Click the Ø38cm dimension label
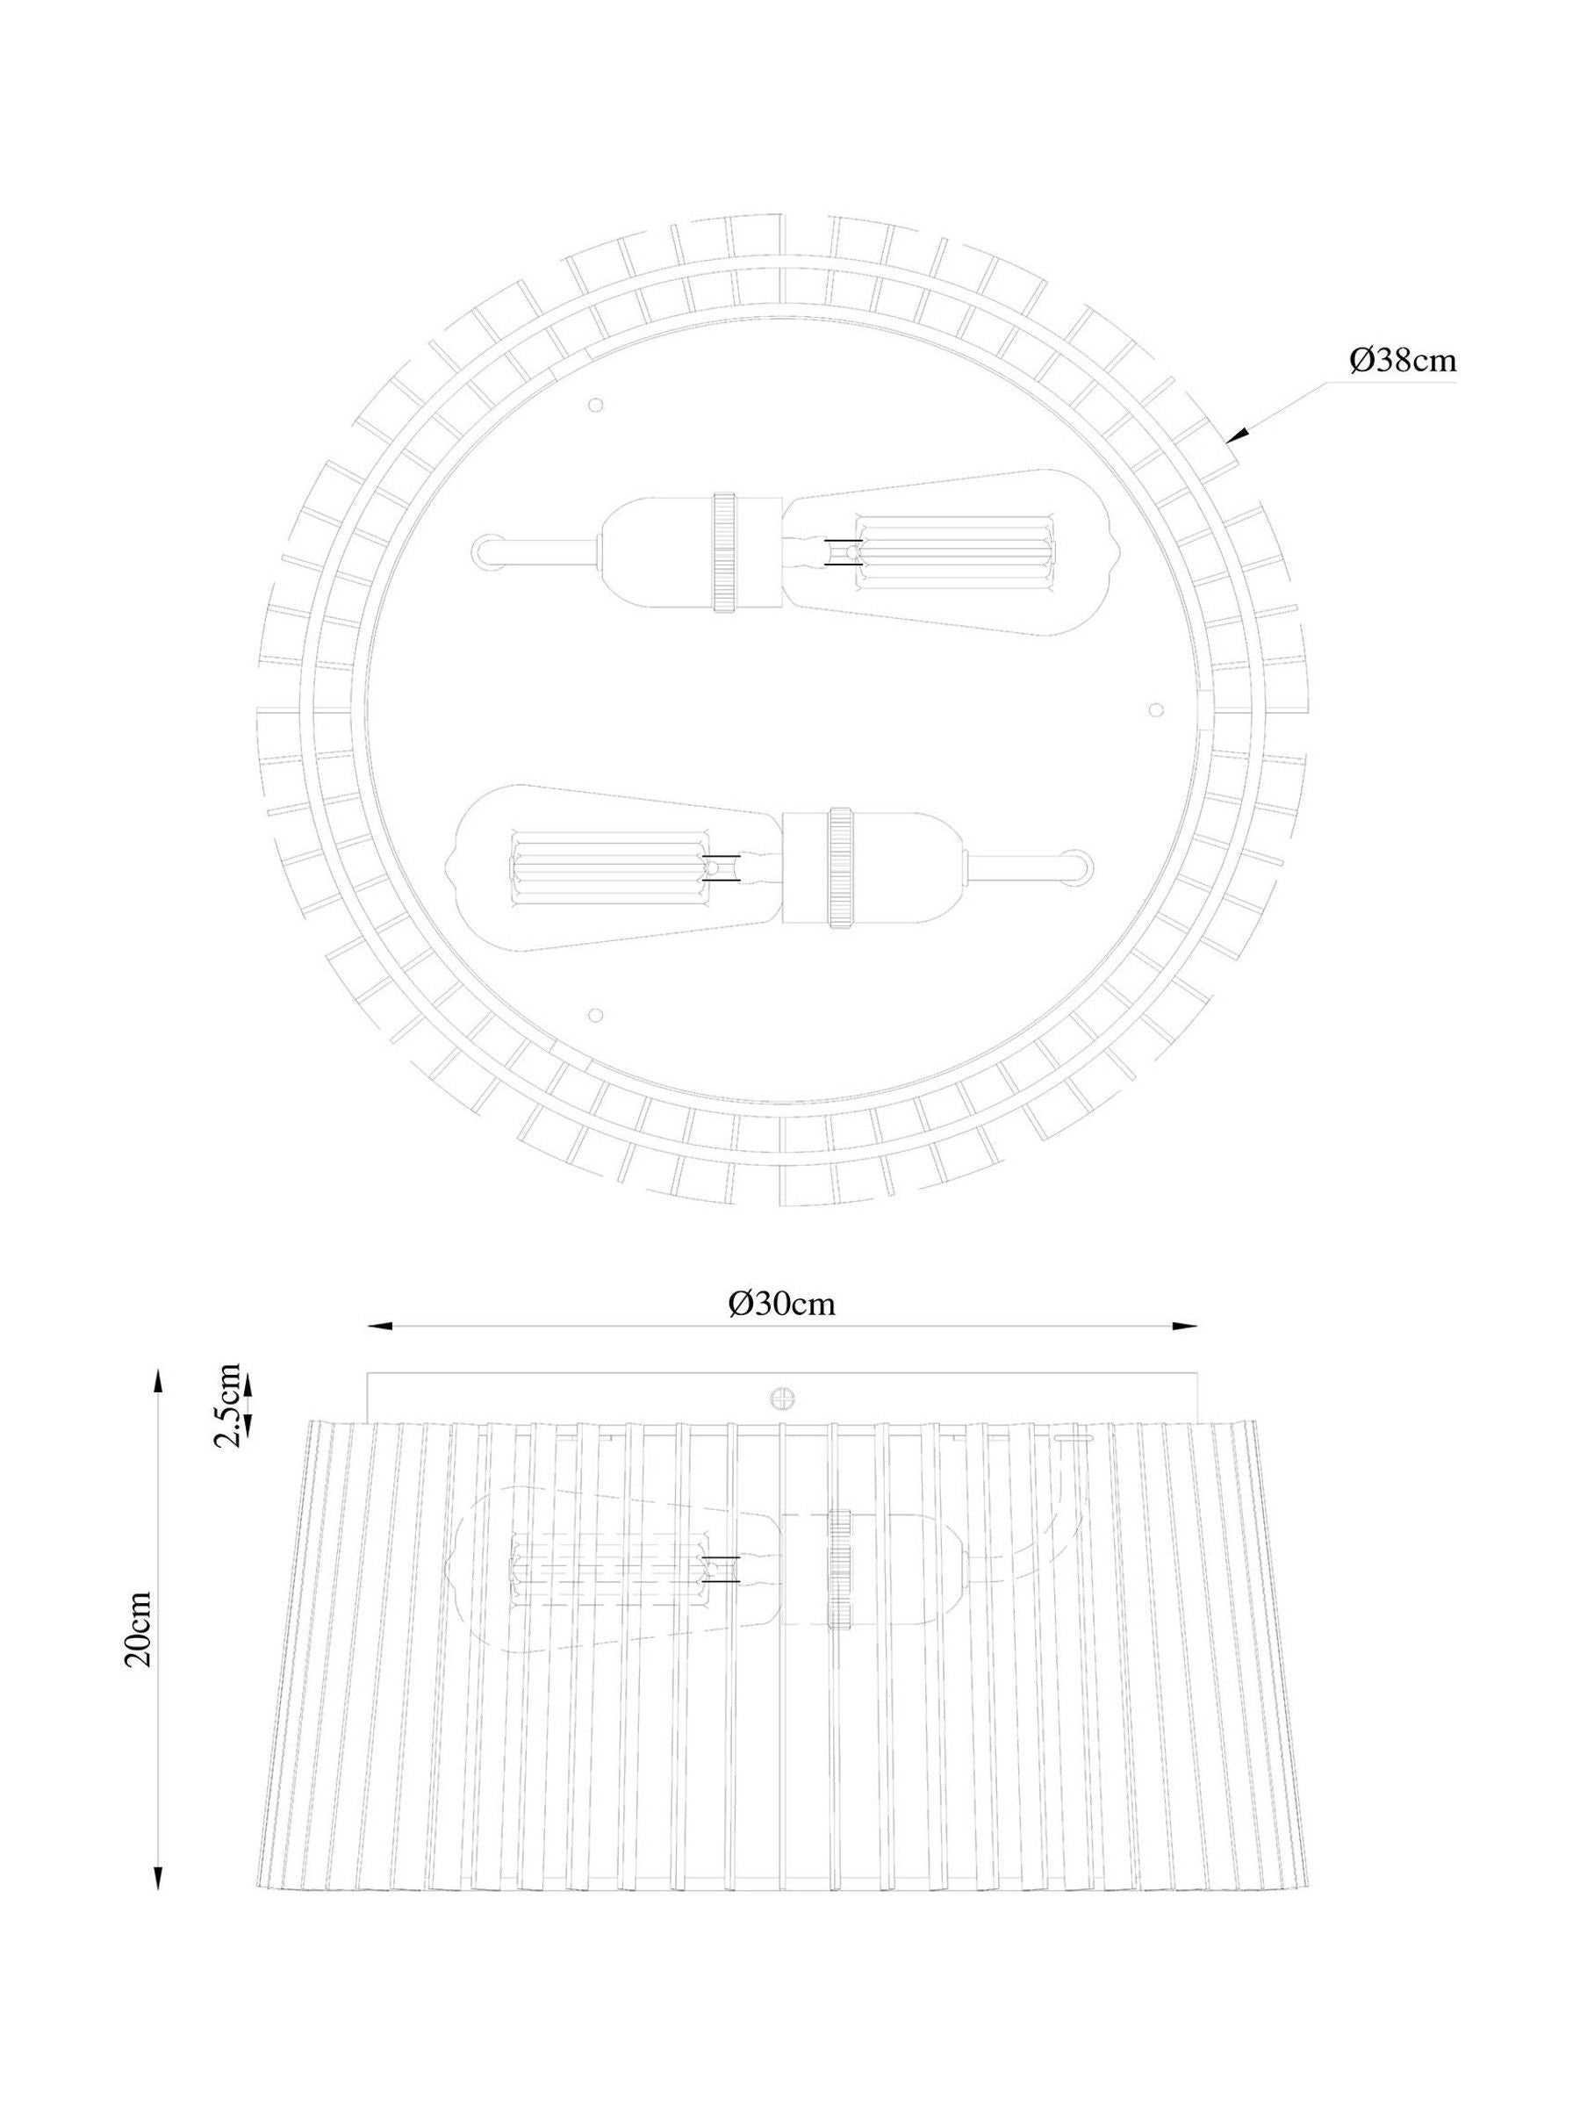[x=1403, y=361]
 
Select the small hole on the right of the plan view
[x=1156, y=710]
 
